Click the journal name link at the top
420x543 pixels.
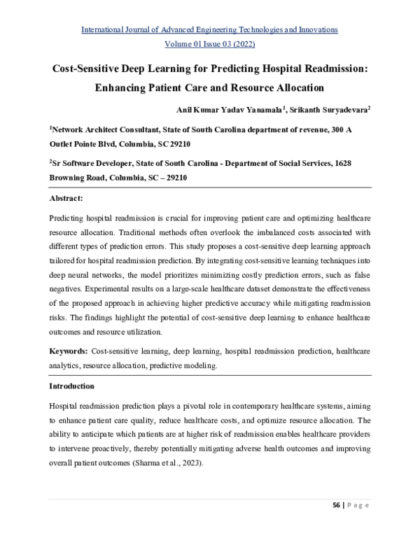210,29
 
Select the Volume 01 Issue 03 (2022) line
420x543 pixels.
210,43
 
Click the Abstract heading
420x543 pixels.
66,198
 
